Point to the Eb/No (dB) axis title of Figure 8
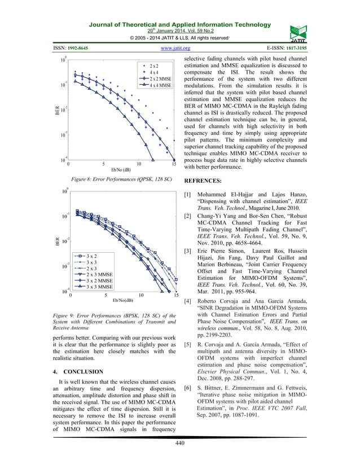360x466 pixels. (x=121, y=169)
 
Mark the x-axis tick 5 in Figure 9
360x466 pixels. (x=106, y=295)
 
